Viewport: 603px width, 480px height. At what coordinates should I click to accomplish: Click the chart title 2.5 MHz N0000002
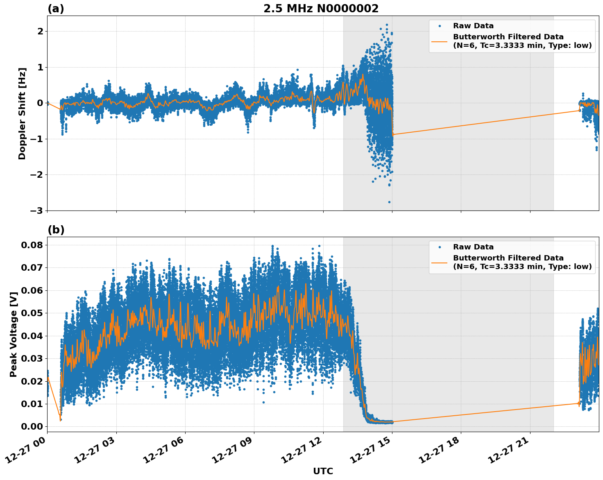[321, 9]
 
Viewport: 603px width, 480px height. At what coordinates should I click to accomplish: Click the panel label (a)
[56, 9]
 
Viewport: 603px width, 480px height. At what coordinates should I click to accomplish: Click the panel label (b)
[56, 230]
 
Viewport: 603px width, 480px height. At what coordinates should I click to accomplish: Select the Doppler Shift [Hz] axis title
[22, 113]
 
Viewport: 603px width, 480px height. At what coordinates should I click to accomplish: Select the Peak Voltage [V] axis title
[14, 334]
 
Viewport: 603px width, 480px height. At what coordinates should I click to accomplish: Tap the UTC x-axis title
[323, 471]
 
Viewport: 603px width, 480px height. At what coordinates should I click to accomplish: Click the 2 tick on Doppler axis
[40, 32]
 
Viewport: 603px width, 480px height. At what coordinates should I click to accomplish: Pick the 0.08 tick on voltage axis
[32, 245]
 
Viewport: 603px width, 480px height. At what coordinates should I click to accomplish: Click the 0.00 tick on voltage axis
[32, 427]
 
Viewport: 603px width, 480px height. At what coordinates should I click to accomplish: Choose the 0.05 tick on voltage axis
[32, 313]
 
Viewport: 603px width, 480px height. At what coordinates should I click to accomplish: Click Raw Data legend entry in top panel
[473, 26]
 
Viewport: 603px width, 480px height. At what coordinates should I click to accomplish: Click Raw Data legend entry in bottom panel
[473, 247]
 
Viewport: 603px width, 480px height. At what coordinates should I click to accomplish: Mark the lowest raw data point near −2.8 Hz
[389, 202]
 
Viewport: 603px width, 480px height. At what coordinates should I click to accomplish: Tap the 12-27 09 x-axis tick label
[233, 451]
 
